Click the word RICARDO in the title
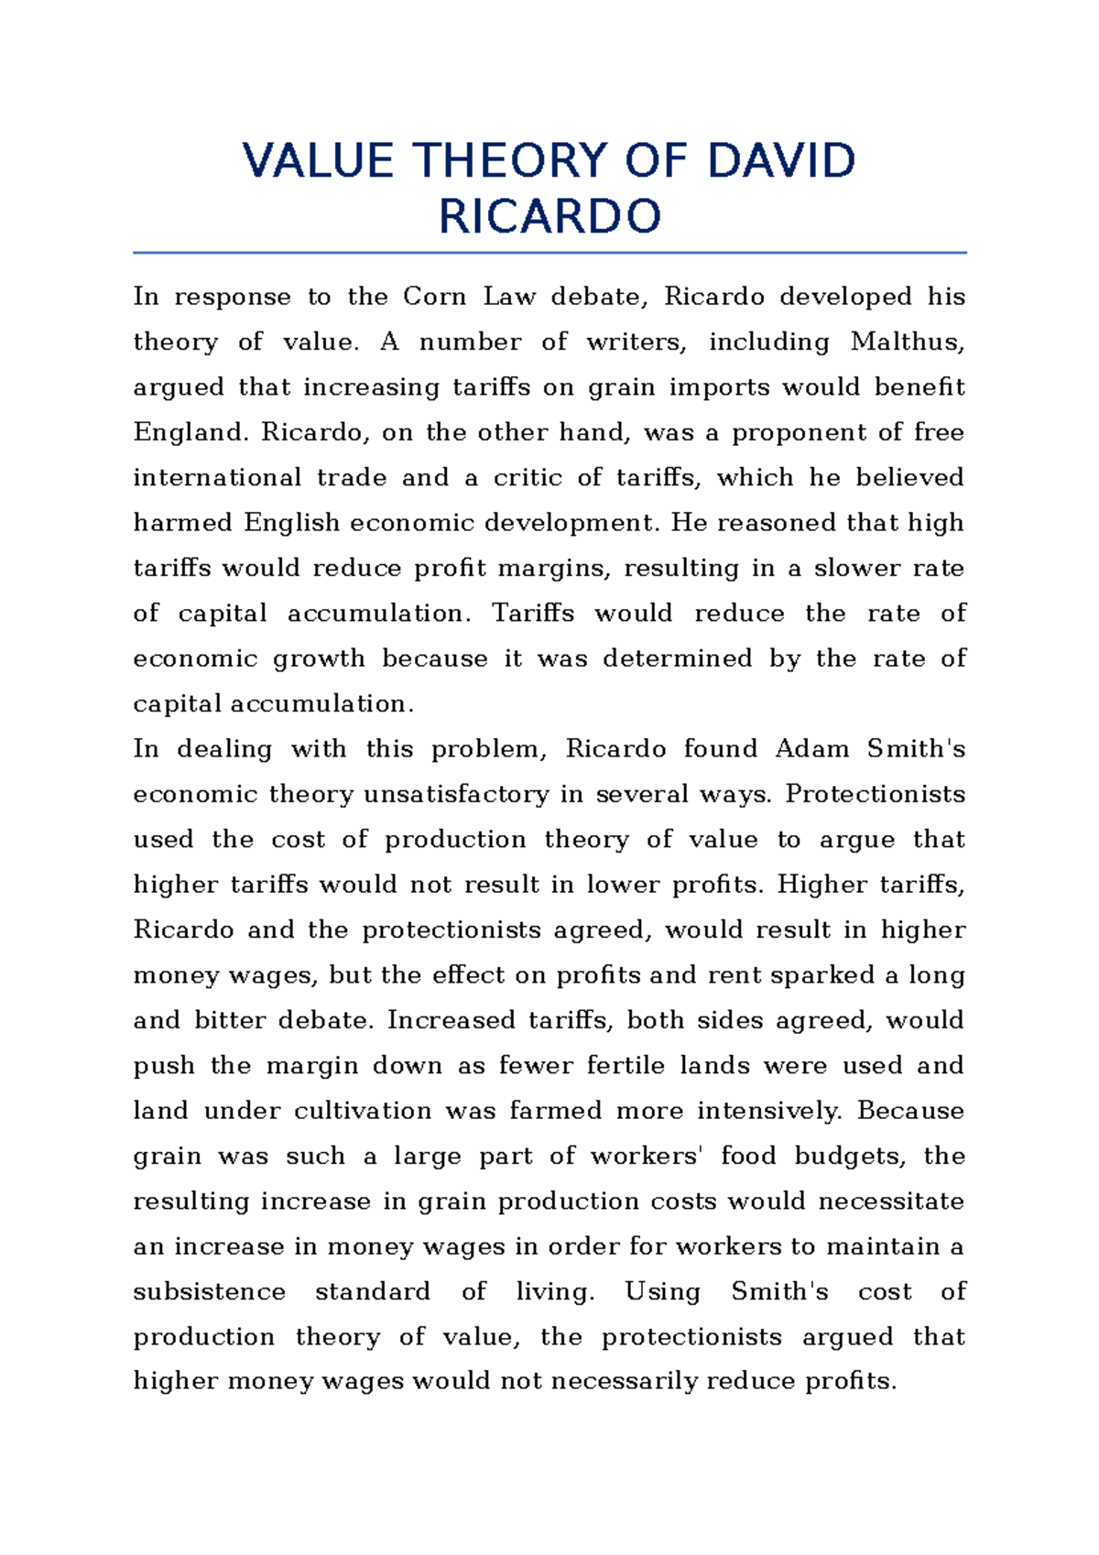(549, 218)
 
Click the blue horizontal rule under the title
(549, 252)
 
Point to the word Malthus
(907, 343)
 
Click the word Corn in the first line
(434, 297)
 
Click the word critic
(528, 478)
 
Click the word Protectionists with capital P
(875, 794)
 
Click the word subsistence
(209, 1292)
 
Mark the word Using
(662, 1292)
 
